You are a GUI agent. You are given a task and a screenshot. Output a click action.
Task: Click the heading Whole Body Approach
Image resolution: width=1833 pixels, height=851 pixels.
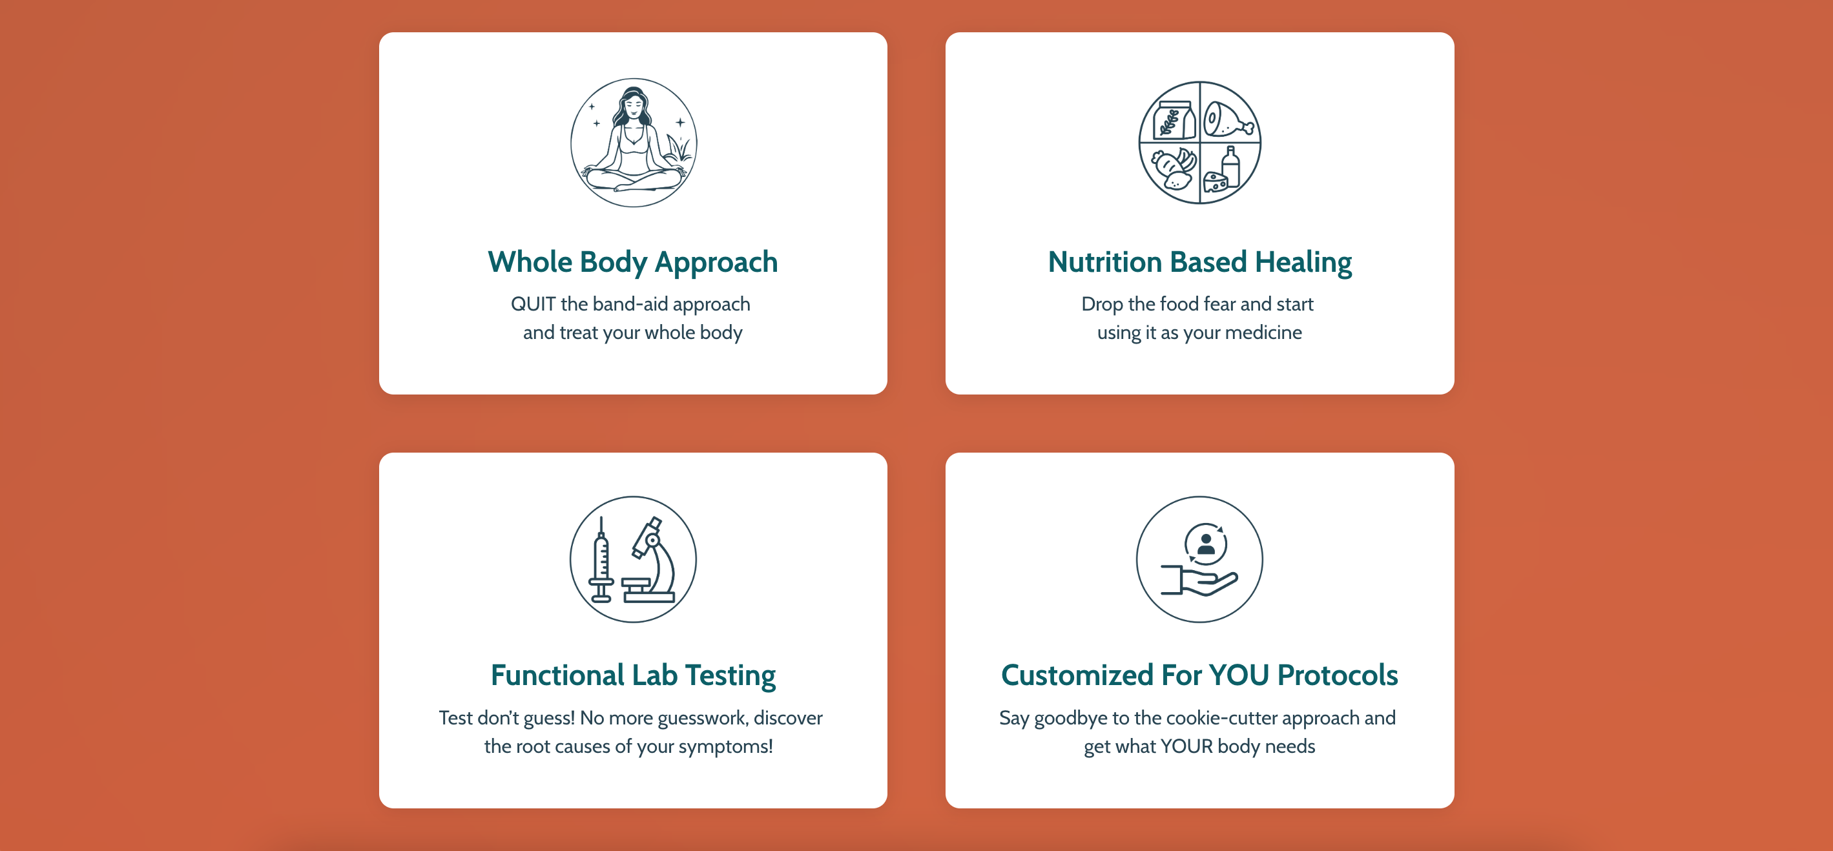[x=632, y=263]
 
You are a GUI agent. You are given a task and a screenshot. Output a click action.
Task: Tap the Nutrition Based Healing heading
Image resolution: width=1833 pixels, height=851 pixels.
[x=1199, y=263]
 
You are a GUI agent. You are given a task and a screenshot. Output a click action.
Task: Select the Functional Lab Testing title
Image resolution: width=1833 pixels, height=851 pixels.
[x=632, y=675]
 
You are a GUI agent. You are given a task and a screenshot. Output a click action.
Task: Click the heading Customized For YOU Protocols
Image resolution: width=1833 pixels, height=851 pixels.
[x=1199, y=675]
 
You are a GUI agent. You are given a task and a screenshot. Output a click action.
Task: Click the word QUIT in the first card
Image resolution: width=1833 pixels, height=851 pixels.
[x=533, y=304]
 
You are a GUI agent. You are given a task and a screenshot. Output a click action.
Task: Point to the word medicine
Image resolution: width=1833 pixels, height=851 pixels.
[x=1263, y=333]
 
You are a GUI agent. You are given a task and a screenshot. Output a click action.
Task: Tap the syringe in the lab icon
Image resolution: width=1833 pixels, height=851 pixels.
[x=601, y=560]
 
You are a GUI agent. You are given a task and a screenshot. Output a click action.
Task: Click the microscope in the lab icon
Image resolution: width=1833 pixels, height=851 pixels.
[x=650, y=560]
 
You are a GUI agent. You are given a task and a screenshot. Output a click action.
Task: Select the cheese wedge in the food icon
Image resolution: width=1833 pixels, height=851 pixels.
[x=1215, y=181]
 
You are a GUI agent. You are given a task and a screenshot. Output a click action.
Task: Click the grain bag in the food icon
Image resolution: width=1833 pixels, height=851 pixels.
[x=1174, y=119]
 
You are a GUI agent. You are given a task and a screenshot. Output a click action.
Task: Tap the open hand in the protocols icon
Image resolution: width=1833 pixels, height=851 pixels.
[x=1199, y=579]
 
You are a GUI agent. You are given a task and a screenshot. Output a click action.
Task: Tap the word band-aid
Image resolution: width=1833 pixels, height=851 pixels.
[x=630, y=304]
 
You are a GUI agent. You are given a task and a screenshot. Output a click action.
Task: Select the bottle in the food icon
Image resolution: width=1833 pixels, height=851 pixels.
[x=1231, y=166]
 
